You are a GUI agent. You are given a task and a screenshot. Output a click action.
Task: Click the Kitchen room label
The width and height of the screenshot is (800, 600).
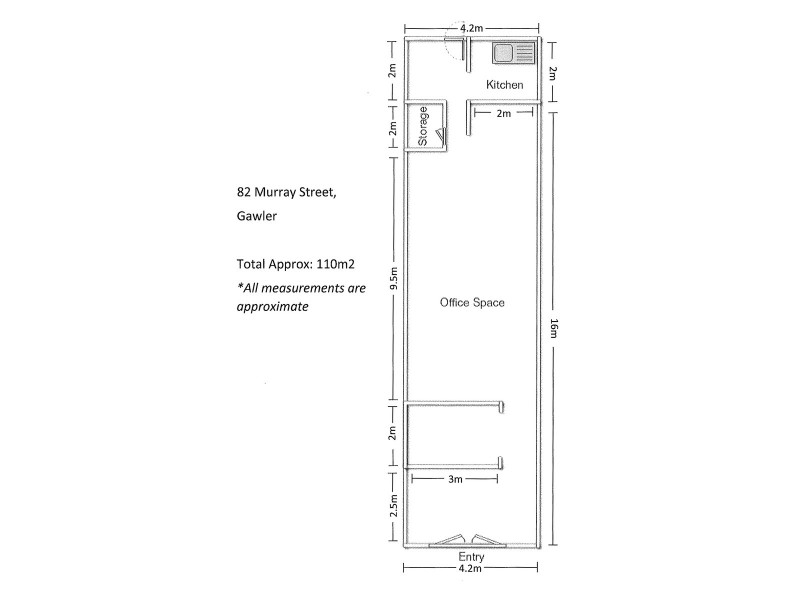504,85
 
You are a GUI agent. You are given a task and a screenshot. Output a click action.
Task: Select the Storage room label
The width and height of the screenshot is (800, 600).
424,126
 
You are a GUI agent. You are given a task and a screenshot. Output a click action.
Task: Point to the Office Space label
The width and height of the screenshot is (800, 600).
472,302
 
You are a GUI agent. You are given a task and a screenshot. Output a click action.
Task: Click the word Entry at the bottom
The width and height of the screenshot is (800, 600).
470,556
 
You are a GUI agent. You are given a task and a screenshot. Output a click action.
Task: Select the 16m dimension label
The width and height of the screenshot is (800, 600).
553,328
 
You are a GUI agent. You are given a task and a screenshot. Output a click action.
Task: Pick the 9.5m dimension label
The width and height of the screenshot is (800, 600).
394,277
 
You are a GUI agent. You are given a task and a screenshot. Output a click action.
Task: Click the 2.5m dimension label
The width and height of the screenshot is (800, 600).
394,507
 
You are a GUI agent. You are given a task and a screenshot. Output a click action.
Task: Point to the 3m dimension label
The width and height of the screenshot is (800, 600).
455,480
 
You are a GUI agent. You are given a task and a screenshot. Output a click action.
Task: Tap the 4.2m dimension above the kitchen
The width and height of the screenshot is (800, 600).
472,28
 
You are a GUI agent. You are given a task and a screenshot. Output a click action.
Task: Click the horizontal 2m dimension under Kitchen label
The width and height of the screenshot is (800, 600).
504,114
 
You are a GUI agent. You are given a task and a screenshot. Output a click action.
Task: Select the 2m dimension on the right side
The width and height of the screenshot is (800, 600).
553,72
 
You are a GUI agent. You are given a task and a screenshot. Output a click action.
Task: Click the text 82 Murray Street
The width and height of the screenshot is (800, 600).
280,191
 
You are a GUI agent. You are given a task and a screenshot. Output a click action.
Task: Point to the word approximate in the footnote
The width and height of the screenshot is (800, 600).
272,307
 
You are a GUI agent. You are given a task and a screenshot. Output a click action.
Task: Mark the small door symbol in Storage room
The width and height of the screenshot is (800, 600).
439,138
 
